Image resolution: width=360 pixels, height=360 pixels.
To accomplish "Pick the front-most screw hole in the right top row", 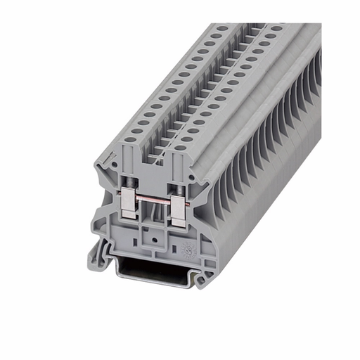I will coord(181,147).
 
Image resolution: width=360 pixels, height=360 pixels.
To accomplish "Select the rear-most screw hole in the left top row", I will coord(223,28).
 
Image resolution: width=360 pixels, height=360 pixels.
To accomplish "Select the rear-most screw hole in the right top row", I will coord(277,29).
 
